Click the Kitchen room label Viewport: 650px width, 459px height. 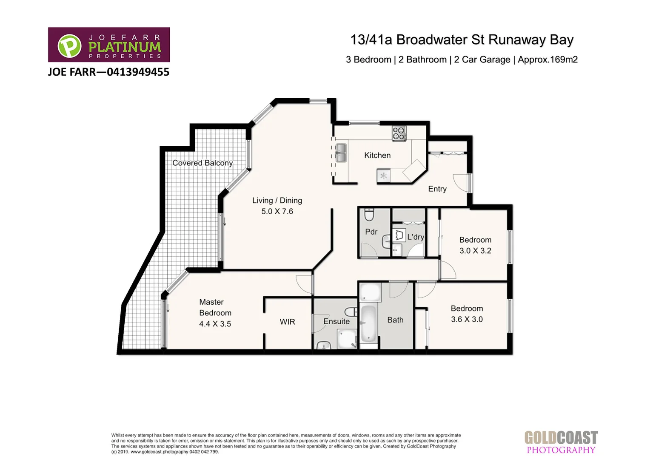pos(377,156)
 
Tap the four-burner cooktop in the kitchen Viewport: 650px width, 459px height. pos(399,133)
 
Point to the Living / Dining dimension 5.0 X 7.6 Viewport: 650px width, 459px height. pos(277,212)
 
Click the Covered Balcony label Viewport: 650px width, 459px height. pos(202,163)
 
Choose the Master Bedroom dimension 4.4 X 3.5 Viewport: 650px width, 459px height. pos(215,324)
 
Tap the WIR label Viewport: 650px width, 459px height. pos(287,322)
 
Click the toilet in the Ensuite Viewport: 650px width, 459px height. pos(351,311)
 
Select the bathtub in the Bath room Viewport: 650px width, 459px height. pos(368,324)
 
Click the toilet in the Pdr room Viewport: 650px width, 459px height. pos(369,216)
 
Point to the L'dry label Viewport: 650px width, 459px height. pos(415,237)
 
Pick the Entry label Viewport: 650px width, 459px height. pos(437,189)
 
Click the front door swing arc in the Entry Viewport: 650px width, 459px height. pos(460,183)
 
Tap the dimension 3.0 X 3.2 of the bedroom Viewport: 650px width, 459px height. pos(475,251)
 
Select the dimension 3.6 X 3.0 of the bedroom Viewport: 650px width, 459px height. pos(467,320)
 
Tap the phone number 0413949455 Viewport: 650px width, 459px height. pos(138,72)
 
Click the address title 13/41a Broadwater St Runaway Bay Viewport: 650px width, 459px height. pos(462,40)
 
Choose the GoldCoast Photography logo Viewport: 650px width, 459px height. pos(561,442)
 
